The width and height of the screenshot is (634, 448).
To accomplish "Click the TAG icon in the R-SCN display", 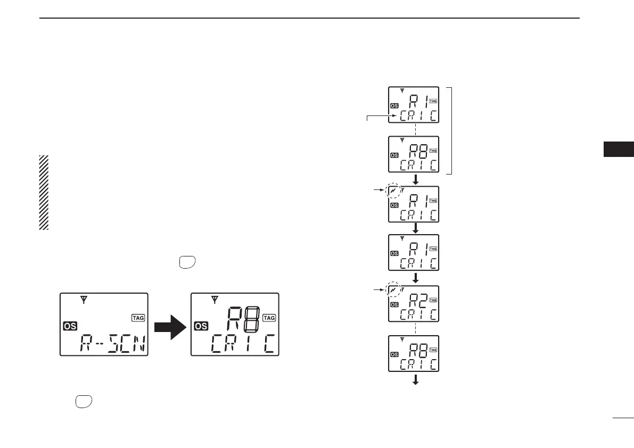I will [x=137, y=318].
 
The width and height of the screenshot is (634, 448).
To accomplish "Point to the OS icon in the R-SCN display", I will [x=69, y=326].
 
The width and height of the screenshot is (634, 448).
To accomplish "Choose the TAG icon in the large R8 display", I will [x=269, y=318].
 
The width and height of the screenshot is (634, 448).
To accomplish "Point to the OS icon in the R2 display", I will [x=394, y=305].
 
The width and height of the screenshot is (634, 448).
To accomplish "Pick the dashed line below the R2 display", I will [x=415, y=328].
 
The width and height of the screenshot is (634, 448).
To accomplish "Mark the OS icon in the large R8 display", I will [x=201, y=326].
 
